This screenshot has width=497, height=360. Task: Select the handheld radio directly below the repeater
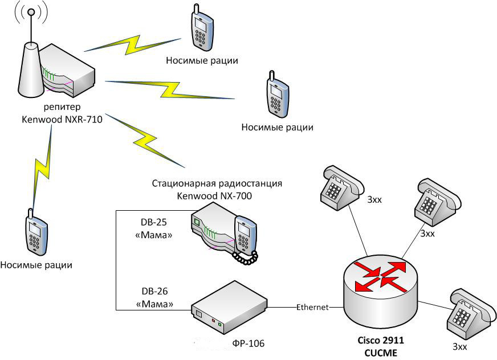coord(35,233)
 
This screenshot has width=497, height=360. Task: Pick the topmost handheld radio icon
coord(202,28)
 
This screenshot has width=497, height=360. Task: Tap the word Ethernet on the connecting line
coord(312,307)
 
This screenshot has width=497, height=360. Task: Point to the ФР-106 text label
coord(249,343)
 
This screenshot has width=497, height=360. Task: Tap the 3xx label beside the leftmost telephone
coord(374,201)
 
